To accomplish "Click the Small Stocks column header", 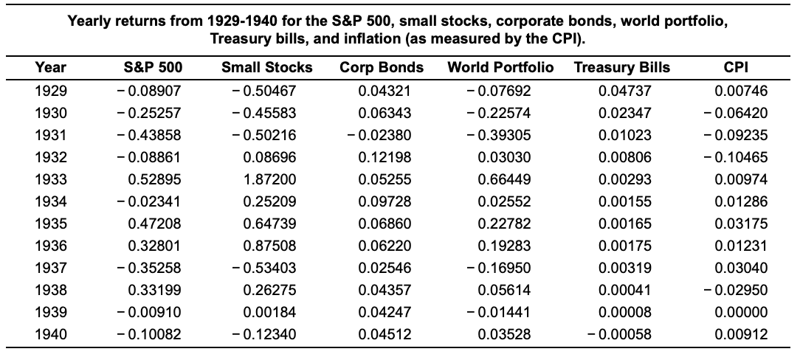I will point(266,68).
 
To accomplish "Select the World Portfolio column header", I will point(500,68).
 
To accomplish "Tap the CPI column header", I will point(737,68).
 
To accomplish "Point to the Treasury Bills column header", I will point(621,68).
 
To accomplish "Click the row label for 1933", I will point(50,179).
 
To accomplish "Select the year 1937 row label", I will point(50,268).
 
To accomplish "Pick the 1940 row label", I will point(50,334).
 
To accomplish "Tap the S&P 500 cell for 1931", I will point(151,135).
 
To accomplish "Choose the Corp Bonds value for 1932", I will point(384,157).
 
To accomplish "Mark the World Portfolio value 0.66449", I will point(506,179).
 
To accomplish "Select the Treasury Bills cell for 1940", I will point(621,334).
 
